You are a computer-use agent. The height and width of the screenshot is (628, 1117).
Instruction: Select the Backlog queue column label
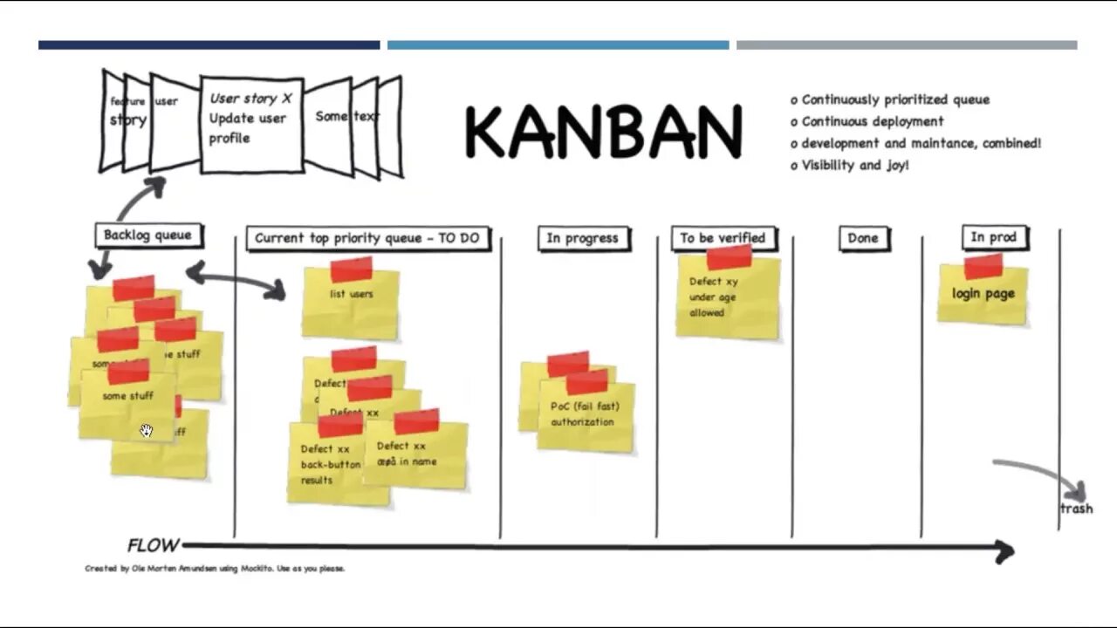click(147, 235)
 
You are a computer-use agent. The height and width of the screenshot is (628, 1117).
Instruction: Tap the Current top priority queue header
click(367, 238)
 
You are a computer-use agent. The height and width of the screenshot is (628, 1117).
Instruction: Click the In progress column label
click(582, 238)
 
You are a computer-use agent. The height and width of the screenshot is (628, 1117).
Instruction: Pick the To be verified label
click(723, 238)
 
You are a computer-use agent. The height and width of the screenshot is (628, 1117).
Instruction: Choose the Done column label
click(863, 238)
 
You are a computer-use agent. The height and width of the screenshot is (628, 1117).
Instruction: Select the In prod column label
click(993, 237)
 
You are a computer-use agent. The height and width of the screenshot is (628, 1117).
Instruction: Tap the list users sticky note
click(351, 301)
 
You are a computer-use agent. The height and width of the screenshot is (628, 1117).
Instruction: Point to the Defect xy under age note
click(726, 297)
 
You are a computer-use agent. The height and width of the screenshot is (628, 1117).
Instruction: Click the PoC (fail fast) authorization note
click(584, 415)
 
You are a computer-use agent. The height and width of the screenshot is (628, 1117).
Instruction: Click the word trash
click(1076, 509)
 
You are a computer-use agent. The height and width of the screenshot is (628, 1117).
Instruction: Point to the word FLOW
click(154, 546)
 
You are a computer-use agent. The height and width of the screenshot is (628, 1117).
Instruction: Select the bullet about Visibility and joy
click(851, 165)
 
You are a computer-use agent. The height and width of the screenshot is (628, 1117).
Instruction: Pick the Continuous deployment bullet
click(867, 121)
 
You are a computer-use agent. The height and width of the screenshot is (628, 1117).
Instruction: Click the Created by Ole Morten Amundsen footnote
click(215, 569)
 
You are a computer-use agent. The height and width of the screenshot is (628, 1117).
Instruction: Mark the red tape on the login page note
click(983, 265)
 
